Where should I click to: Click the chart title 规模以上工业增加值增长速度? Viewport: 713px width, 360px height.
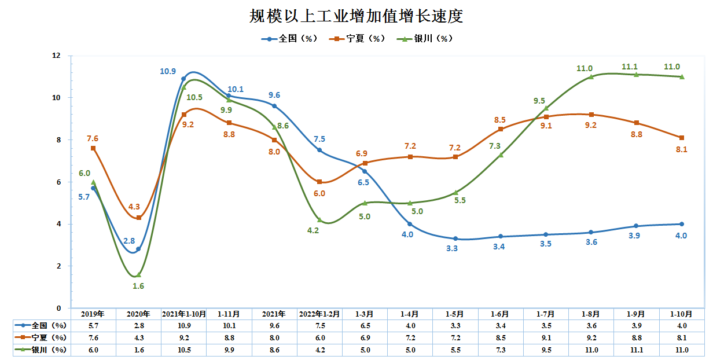pos(356,16)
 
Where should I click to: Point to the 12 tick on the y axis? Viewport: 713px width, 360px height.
pos(56,56)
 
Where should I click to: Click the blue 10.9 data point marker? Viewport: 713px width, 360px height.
pos(183,79)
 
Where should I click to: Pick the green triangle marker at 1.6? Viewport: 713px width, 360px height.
pos(138,275)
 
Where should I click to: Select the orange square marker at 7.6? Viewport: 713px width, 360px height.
pos(93,148)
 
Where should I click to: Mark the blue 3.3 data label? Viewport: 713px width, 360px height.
pos(452,248)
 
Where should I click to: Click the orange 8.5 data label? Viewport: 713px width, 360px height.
pos(499,120)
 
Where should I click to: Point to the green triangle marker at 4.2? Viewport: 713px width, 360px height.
pos(319,220)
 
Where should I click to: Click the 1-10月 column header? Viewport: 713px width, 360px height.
pos(682,314)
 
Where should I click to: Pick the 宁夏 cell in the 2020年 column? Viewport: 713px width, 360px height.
pos(138,337)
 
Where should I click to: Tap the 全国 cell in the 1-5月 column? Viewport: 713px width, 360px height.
pos(455,326)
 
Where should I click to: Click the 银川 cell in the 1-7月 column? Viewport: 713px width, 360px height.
pos(546,350)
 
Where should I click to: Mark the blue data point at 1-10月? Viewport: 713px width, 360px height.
pos(682,224)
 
